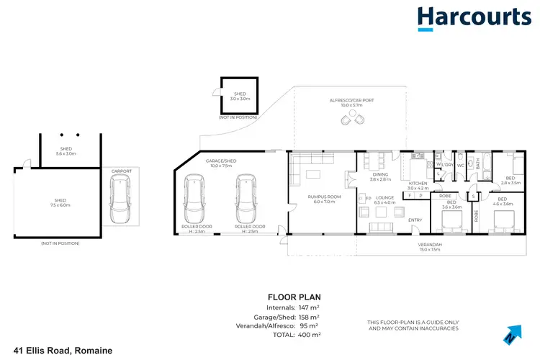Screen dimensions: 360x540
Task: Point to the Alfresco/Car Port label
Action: pyautogui.click(x=351, y=103)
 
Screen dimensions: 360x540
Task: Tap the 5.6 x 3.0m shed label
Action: pyautogui.click(x=66, y=151)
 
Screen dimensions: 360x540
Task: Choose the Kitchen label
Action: pyautogui.click(x=418, y=186)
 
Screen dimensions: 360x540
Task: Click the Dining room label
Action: pyautogui.click(x=379, y=176)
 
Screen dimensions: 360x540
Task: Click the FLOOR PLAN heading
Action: pyautogui.click(x=294, y=296)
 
